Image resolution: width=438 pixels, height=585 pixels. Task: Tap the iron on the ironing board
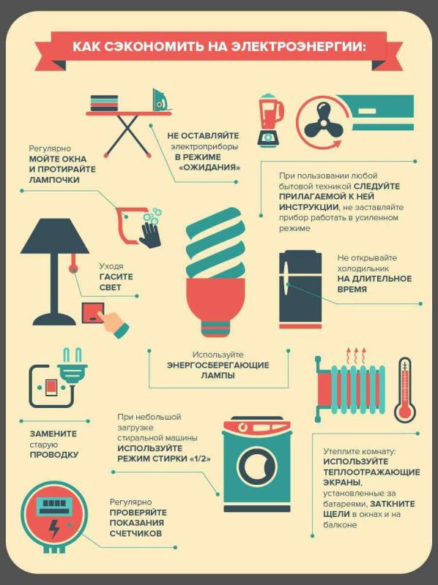(x=161, y=99)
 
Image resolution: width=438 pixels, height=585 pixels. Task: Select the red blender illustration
(x=270, y=119)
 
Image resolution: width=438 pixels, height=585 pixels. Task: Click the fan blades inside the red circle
(x=324, y=119)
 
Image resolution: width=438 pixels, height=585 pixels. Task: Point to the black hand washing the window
(x=152, y=235)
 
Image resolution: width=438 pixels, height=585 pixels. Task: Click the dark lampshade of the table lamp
(x=55, y=235)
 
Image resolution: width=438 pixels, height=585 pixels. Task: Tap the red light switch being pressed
(x=94, y=312)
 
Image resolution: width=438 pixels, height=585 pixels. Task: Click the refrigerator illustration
(x=300, y=290)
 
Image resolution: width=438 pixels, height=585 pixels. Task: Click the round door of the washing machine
(x=257, y=466)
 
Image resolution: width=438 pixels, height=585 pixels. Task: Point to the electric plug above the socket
(x=73, y=366)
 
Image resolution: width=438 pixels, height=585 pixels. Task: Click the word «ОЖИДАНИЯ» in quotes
(x=209, y=167)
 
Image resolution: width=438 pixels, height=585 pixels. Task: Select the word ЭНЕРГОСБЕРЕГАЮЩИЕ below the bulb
(x=218, y=365)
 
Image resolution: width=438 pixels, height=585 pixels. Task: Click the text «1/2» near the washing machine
(x=200, y=458)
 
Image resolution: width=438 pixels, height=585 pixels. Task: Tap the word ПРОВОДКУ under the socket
(x=54, y=454)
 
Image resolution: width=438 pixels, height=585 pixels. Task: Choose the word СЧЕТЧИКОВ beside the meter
(x=136, y=533)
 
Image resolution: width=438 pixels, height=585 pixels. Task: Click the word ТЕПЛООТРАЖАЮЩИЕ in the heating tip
(x=371, y=472)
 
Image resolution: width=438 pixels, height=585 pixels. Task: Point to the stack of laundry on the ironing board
(x=104, y=103)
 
